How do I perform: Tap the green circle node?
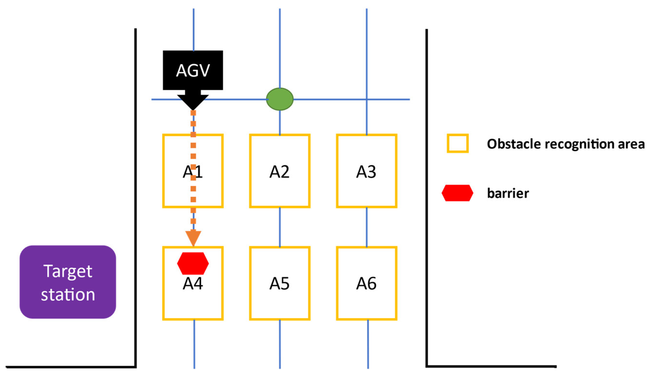(279, 99)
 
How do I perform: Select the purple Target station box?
(68, 282)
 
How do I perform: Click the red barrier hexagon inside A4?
(193, 263)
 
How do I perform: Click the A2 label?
(279, 172)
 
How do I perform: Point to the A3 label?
(366, 172)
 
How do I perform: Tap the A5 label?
(279, 284)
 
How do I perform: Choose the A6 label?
(366, 284)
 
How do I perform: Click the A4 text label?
(193, 284)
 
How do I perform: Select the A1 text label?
(193, 172)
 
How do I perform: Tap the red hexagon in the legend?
(457, 193)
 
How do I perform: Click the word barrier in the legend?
(508, 193)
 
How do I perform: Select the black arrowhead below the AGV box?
(193, 102)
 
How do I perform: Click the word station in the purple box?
(68, 295)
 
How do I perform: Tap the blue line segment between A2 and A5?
(279, 227)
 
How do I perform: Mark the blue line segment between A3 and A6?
(366, 227)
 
